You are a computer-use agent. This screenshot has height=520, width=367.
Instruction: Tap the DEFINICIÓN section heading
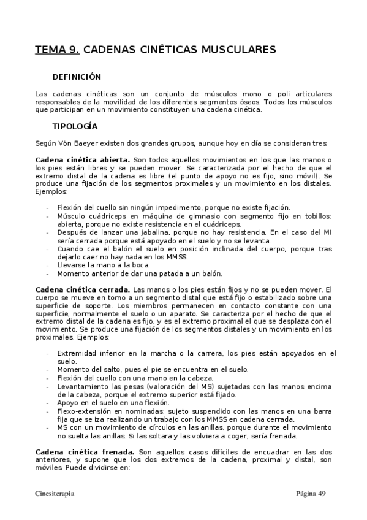click(x=77, y=77)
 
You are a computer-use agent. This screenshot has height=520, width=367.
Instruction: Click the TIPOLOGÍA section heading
click(x=75, y=126)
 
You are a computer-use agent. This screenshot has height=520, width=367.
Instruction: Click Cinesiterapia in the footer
click(x=56, y=493)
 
